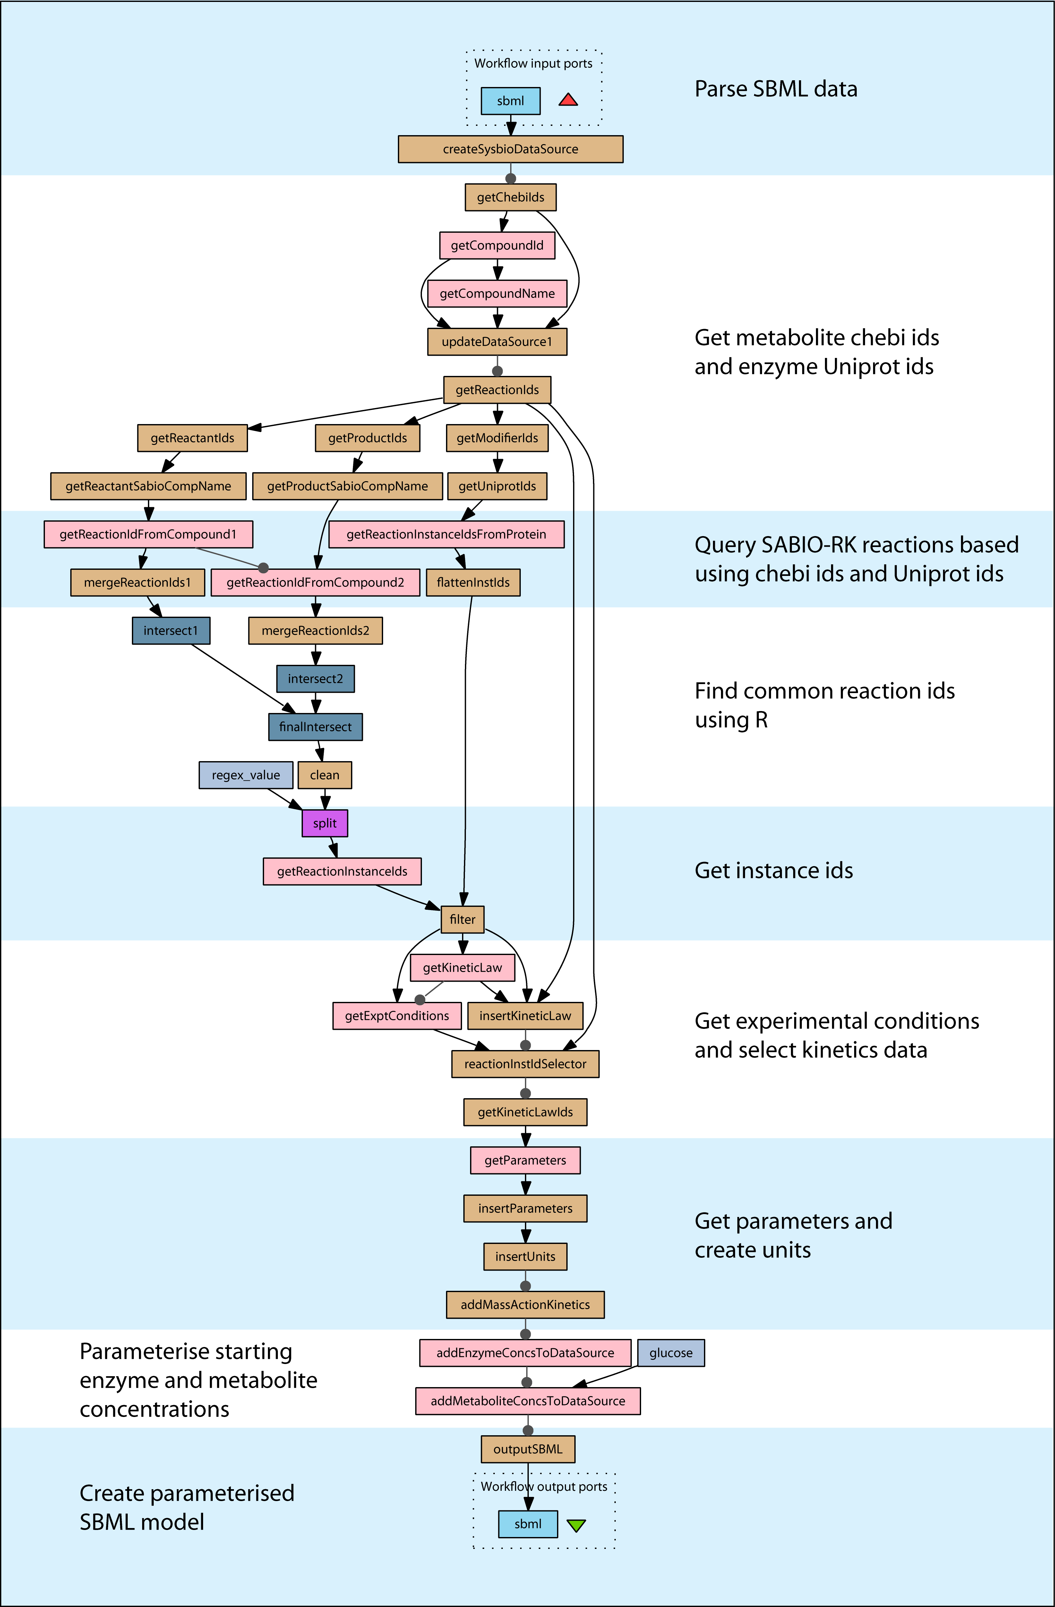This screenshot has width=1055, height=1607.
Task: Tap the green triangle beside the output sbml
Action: [576, 1524]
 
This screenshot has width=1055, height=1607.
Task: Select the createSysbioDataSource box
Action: [510, 149]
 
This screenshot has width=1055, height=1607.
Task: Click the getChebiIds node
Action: [510, 197]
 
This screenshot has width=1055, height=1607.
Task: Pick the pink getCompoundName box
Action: [497, 293]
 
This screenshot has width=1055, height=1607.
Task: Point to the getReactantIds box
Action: [193, 438]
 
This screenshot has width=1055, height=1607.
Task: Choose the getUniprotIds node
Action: [497, 486]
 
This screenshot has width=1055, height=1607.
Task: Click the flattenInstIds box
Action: [473, 582]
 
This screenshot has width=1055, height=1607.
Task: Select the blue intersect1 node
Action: [171, 631]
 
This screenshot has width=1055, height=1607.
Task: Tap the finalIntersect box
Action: [315, 726]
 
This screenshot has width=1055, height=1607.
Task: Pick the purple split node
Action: [325, 823]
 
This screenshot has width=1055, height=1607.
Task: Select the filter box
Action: [462, 919]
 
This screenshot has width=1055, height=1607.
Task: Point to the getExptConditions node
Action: [397, 1015]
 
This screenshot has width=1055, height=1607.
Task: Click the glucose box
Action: [671, 1352]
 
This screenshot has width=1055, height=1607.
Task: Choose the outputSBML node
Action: [528, 1449]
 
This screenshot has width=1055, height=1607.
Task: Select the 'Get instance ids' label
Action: [774, 870]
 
